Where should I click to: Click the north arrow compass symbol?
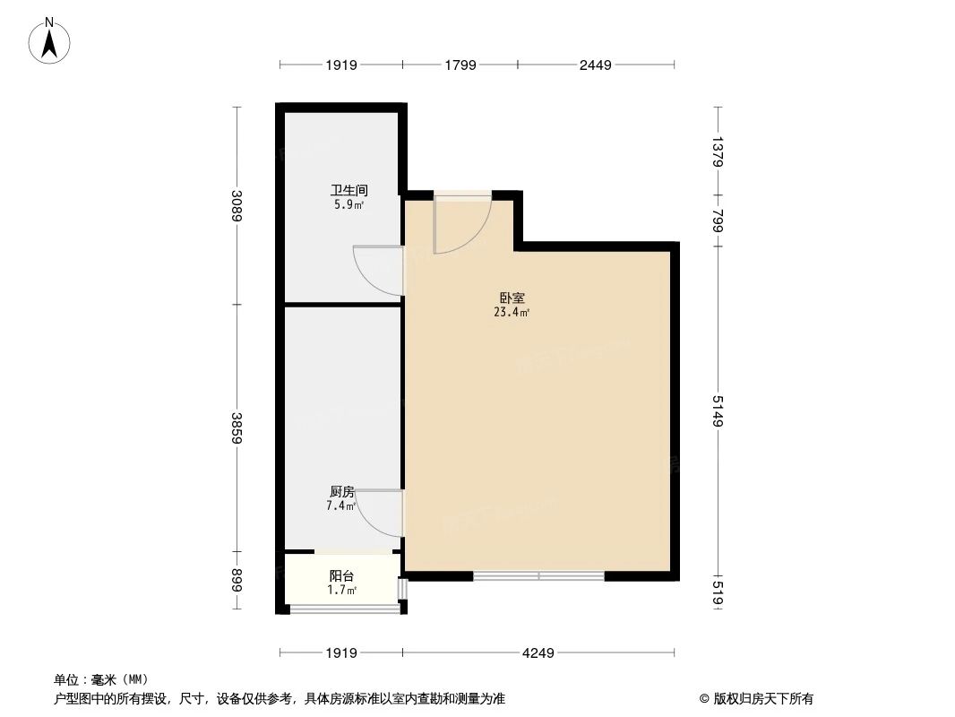point(51,39)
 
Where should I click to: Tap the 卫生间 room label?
point(349,191)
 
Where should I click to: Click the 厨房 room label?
point(342,492)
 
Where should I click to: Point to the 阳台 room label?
point(341,576)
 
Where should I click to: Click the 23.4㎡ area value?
point(512,313)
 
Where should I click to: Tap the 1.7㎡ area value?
point(341,590)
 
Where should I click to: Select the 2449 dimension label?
point(595,65)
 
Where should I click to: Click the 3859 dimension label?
point(237,427)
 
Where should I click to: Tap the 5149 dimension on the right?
point(717,410)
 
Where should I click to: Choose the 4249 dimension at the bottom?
point(538,652)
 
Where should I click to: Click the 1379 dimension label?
point(717,151)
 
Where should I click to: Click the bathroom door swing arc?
point(376,271)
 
